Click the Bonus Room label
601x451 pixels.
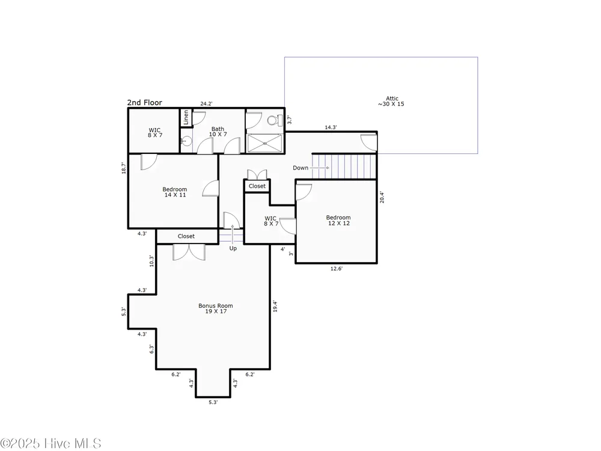(x=215, y=308)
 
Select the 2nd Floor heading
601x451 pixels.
(x=144, y=102)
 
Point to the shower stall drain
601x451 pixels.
(x=264, y=143)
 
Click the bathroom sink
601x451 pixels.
(x=186, y=141)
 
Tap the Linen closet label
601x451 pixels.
(x=186, y=117)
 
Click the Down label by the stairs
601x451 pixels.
(x=300, y=168)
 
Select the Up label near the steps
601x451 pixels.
(x=233, y=248)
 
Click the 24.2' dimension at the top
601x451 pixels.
(x=206, y=103)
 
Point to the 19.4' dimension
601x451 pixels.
(x=275, y=306)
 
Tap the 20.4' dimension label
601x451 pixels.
(x=382, y=197)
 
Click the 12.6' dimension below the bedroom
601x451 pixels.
(x=337, y=268)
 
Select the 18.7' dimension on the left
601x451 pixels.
(x=123, y=168)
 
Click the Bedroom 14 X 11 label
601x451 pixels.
(x=175, y=192)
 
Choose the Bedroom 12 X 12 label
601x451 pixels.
(x=338, y=220)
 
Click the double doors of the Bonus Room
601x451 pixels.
(x=189, y=253)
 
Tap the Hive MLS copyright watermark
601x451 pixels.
(x=50, y=443)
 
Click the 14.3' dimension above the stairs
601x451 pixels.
(x=331, y=127)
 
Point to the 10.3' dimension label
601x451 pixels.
(x=152, y=261)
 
